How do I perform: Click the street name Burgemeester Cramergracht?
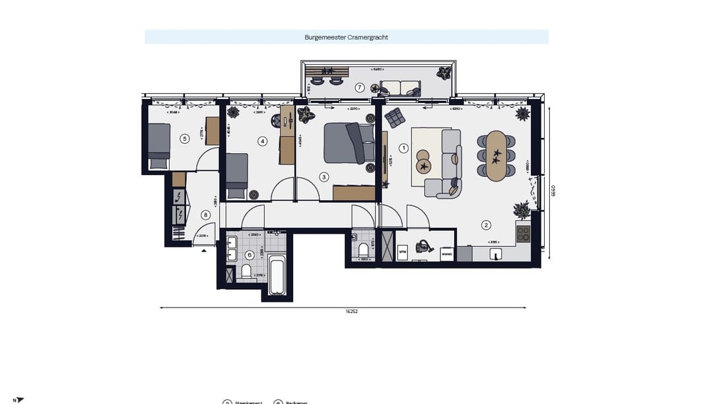coord(347,37)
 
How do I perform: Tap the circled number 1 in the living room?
coord(404,148)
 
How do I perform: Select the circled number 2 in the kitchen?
coord(486,225)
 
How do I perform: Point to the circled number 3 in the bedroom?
coord(323,177)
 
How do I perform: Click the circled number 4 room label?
coord(262,141)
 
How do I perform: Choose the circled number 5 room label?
coord(185,139)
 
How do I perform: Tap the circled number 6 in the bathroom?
coord(250,255)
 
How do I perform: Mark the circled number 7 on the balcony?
coord(359,87)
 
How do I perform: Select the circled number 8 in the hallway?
coord(206,215)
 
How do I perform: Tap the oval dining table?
coord(496,156)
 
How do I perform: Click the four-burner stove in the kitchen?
coord(523,234)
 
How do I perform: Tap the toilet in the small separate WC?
coord(363,249)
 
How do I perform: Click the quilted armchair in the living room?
coord(394,118)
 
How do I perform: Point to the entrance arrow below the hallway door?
coord(204,251)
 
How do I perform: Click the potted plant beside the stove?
coord(522,211)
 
